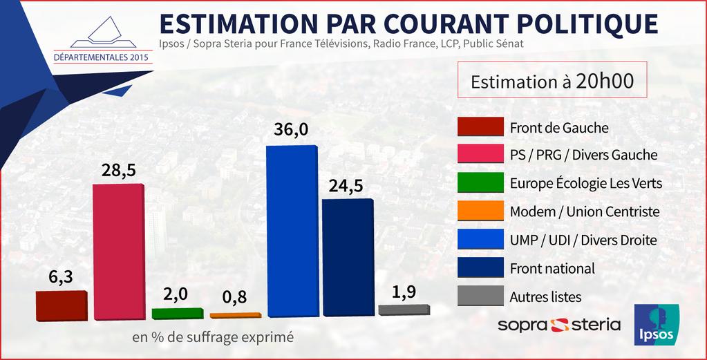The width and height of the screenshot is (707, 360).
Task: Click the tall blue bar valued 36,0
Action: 292,233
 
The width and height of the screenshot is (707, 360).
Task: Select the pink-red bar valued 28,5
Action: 118,252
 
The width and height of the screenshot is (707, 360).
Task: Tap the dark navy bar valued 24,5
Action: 348,259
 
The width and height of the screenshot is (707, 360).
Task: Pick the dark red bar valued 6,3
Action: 61,306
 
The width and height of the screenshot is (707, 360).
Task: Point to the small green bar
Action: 177,314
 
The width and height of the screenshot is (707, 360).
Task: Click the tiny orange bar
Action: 235,315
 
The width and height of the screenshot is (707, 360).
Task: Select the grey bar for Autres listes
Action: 404,310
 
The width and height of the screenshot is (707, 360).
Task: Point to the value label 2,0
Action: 175,294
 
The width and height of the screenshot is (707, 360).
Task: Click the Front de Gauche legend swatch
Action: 480,127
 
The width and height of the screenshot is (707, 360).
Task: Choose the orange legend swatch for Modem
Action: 480,211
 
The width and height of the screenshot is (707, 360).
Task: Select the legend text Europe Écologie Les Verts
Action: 586,183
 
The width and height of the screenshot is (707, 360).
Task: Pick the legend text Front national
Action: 552,268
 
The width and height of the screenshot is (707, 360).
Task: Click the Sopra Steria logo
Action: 558,324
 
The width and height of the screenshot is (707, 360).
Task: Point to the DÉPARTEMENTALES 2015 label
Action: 102,56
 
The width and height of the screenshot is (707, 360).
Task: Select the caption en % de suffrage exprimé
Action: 212,338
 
